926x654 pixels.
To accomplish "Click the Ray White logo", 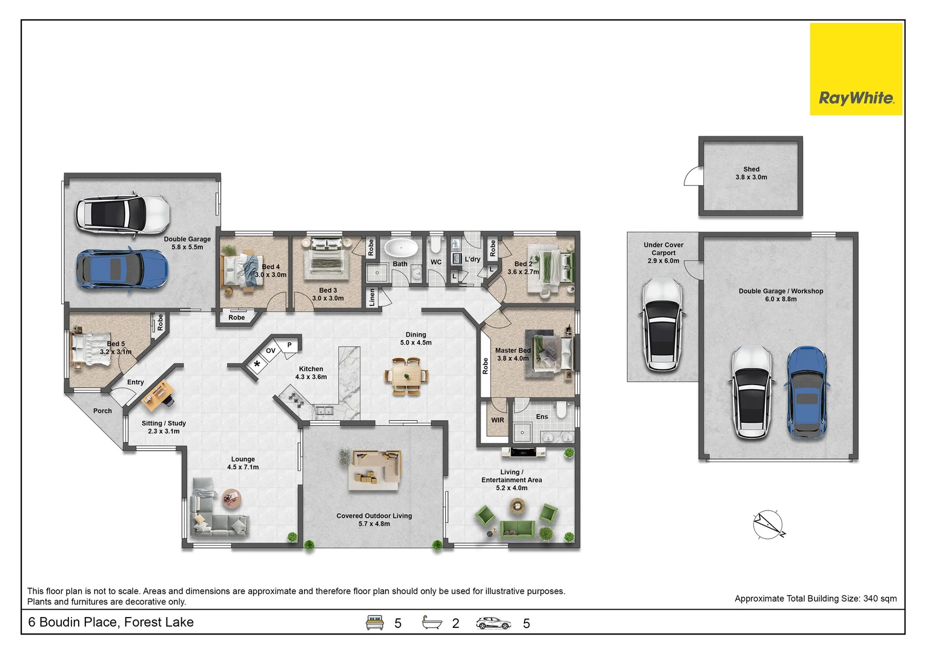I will (855, 69).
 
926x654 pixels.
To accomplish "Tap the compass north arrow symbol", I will (769, 524).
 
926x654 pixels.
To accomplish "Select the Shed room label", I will (751, 173).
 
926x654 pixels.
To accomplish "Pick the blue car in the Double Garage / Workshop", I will (807, 392).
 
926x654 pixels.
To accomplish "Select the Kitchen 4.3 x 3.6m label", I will (311, 373).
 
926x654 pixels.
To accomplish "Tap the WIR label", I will (497, 420).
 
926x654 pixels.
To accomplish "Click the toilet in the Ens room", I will (561, 411).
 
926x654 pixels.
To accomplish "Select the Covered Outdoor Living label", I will (374, 520).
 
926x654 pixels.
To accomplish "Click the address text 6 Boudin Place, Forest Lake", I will (111, 622).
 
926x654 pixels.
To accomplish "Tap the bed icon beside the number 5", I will (375, 623).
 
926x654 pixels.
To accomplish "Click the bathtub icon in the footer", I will (432, 623).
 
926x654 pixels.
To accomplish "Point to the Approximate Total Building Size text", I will (815, 598).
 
